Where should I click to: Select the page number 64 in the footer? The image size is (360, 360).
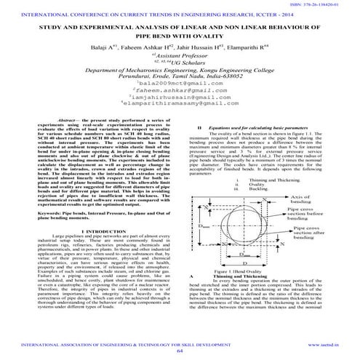(x=180, y=351)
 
